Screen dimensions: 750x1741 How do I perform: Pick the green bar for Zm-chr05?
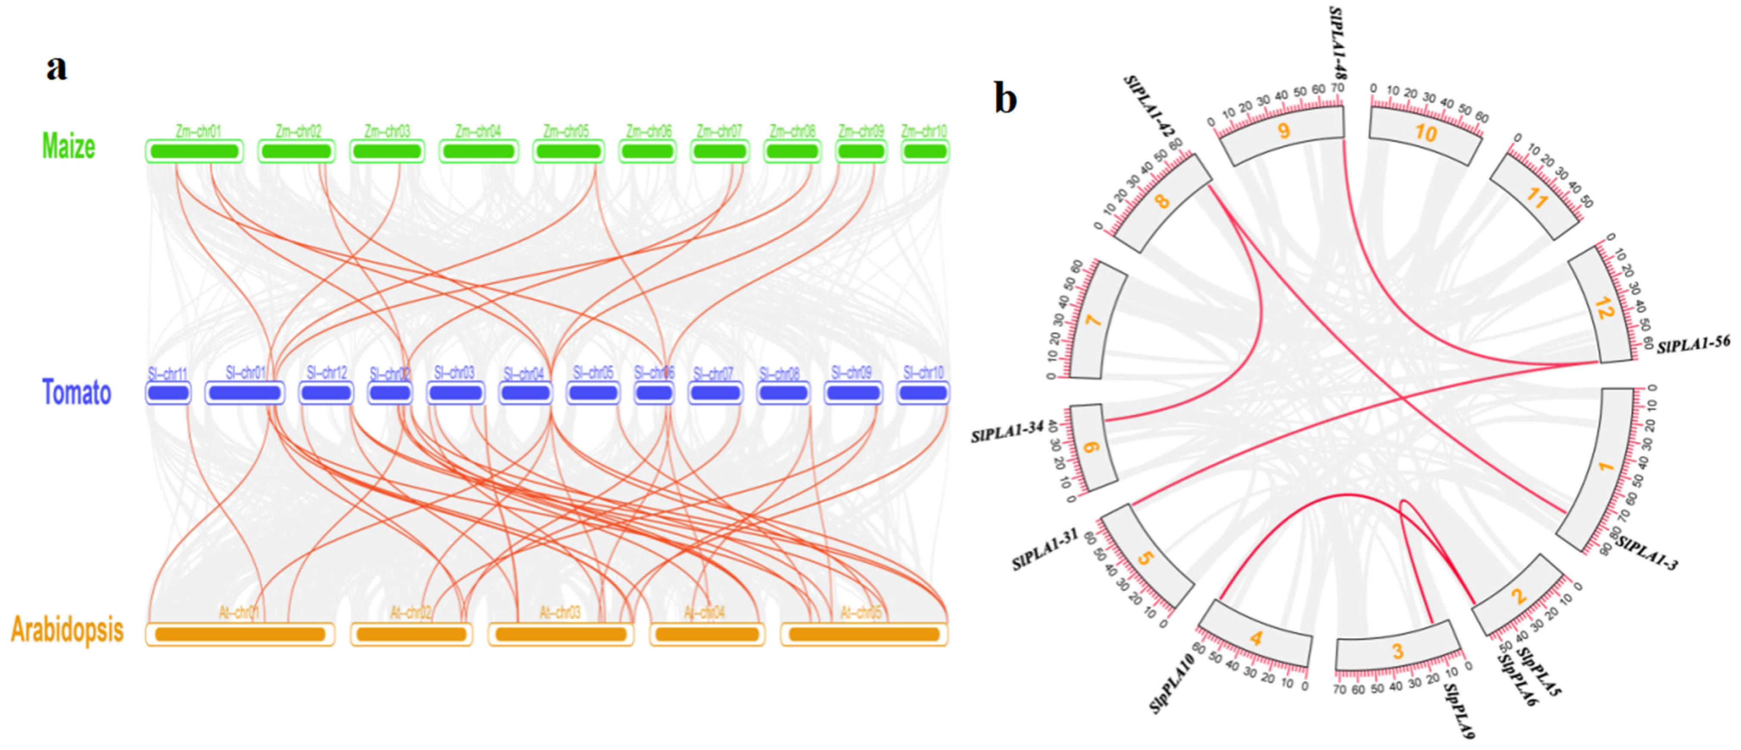[x=568, y=151]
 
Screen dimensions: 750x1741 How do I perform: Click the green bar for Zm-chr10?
[x=924, y=151]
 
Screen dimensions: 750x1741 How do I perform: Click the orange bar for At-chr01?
[x=240, y=634]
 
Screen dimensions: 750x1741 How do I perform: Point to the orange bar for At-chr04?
[x=707, y=634]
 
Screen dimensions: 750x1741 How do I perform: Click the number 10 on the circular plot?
[x=1426, y=133]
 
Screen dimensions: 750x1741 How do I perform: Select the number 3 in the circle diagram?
[x=1397, y=651]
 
